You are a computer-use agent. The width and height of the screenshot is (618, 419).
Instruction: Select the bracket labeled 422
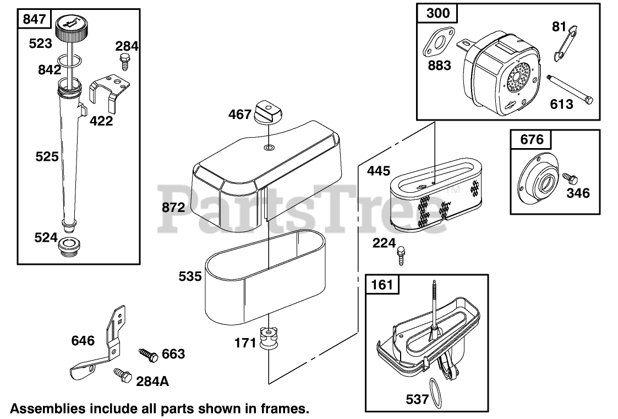[110, 94]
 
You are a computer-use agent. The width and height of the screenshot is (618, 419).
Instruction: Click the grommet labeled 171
[268, 338]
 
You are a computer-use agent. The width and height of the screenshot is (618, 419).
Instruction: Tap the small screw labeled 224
[401, 255]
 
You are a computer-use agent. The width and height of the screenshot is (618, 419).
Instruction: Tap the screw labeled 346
[570, 178]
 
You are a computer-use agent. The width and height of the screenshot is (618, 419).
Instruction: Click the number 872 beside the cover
[174, 207]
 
